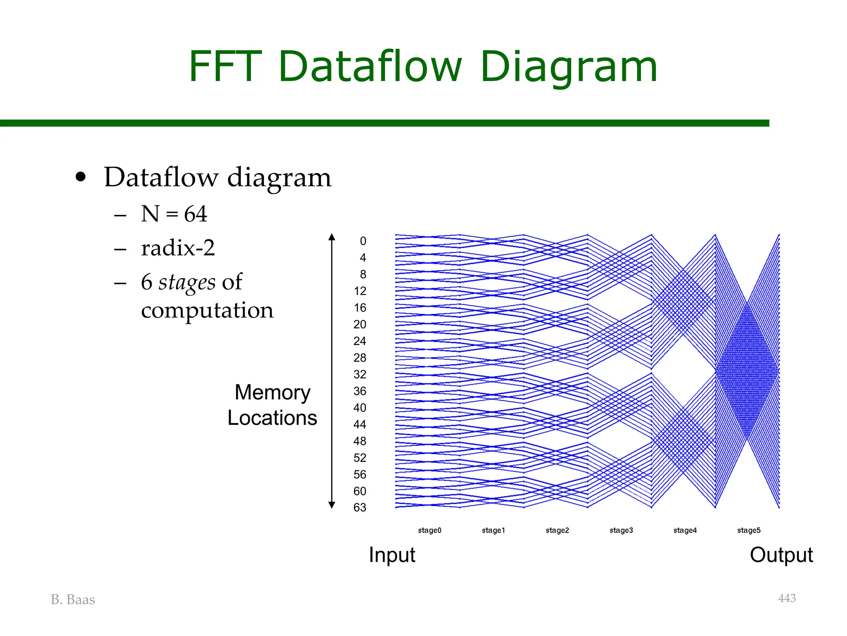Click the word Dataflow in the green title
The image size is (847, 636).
click(370, 66)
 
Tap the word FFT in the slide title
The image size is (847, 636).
click(225, 66)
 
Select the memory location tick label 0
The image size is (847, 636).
click(363, 241)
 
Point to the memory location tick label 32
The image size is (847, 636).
click(360, 374)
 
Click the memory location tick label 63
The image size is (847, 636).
click(360, 508)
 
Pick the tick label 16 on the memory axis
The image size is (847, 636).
click(360, 308)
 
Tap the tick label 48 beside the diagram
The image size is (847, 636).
click(360, 441)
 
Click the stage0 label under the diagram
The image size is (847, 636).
click(430, 530)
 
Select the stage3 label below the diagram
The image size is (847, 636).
click(621, 530)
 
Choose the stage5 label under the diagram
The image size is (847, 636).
click(749, 530)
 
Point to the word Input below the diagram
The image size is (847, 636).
click(392, 555)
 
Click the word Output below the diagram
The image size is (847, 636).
click(781, 555)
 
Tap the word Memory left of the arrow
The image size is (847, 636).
click(273, 392)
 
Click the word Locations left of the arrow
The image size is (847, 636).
click(272, 418)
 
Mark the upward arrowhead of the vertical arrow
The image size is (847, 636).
click(332, 237)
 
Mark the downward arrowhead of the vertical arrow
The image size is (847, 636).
click(332, 505)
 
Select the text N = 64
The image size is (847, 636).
click(174, 214)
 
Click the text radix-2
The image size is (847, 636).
click(178, 248)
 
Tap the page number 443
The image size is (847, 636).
click(787, 598)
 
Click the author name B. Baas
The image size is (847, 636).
click(73, 600)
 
